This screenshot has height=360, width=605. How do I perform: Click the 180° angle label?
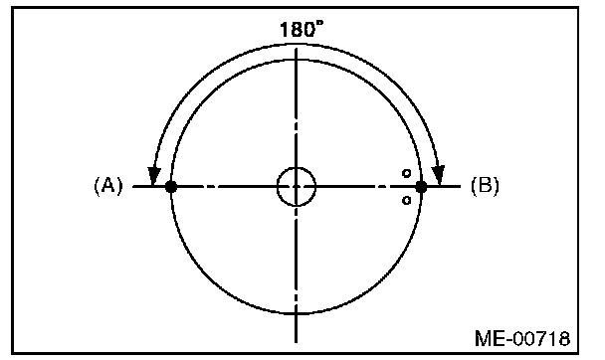pos(302,29)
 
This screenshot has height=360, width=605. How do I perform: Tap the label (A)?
pos(108,185)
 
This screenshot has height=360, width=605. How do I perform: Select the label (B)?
pos(485,185)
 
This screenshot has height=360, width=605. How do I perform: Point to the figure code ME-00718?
pos(522,338)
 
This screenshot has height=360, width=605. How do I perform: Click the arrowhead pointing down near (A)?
pos(154,176)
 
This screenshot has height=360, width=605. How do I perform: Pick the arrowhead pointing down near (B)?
pos(438,175)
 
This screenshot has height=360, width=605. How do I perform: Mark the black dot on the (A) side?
pos(171,187)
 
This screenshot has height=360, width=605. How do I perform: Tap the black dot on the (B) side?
pos(421,187)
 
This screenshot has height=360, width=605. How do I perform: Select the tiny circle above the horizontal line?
pos(406,173)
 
